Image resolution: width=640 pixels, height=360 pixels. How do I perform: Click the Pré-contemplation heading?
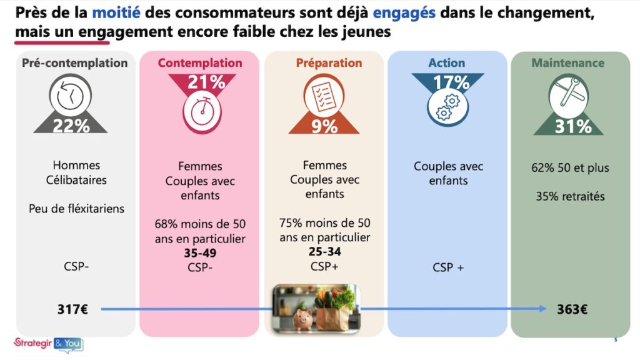coord(75,63)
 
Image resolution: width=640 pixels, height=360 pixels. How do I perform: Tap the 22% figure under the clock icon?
coord(71,126)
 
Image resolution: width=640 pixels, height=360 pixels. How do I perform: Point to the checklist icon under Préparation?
coord(323,94)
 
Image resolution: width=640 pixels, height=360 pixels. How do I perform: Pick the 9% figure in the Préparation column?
coord(323,126)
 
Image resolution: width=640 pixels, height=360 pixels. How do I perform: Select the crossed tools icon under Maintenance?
coord(568,96)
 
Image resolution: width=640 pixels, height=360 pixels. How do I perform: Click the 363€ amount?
coord(572,309)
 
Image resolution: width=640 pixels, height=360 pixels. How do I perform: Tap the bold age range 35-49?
coord(201,252)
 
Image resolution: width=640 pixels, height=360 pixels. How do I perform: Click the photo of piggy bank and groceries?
coord(315,307)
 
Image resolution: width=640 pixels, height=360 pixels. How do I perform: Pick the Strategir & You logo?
coord(47,342)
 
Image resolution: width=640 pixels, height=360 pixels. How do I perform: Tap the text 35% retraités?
coord(570,196)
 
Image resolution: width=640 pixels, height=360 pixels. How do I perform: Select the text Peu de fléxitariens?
coord(76,209)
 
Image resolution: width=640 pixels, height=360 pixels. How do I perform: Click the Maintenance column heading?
coord(567,63)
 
